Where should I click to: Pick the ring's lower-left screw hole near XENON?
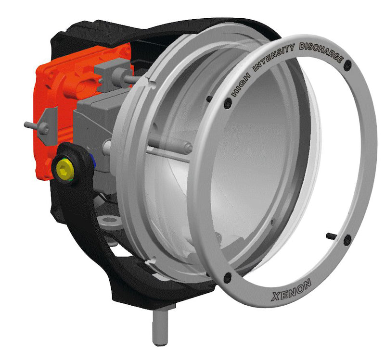click(x=228, y=277)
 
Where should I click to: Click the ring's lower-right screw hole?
click(x=347, y=240)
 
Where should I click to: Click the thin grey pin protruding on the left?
click(x=31, y=125)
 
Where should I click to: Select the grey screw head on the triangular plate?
click(x=43, y=128)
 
